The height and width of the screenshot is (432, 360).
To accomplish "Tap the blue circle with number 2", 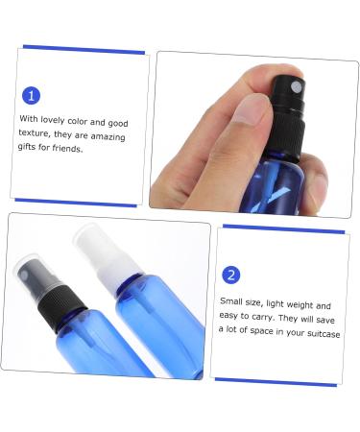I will [230, 276].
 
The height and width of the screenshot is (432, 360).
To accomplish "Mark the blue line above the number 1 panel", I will [84, 50].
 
